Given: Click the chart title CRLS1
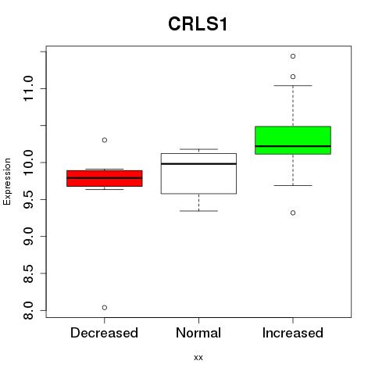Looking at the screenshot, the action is tap(198, 24).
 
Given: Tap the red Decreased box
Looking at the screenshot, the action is tap(105, 178).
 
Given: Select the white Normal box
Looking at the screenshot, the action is tap(198, 173).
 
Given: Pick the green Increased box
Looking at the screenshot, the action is tap(293, 140).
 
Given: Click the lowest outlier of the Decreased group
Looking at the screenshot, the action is tap(105, 308).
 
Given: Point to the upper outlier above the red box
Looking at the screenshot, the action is tap(105, 140).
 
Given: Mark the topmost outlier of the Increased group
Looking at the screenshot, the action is tap(293, 56).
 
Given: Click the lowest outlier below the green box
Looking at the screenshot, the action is tap(293, 212).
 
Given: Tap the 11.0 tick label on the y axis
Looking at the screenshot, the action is tap(28, 88).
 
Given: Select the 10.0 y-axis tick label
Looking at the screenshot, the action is tap(28, 162).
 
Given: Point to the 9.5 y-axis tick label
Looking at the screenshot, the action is tap(28, 199).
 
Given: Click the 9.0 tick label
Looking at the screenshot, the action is tap(28, 236).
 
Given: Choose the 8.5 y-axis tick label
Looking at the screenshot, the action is tap(28, 273).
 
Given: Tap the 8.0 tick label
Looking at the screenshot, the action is tap(28, 310).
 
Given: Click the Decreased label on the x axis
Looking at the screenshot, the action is tap(104, 333).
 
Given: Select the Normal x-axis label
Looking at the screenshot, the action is tap(198, 333).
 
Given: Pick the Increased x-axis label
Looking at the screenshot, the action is tap(293, 333).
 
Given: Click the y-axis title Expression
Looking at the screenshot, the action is tap(7, 181).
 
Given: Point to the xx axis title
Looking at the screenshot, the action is tap(198, 358).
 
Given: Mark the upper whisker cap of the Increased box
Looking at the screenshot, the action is tap(293, 85).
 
